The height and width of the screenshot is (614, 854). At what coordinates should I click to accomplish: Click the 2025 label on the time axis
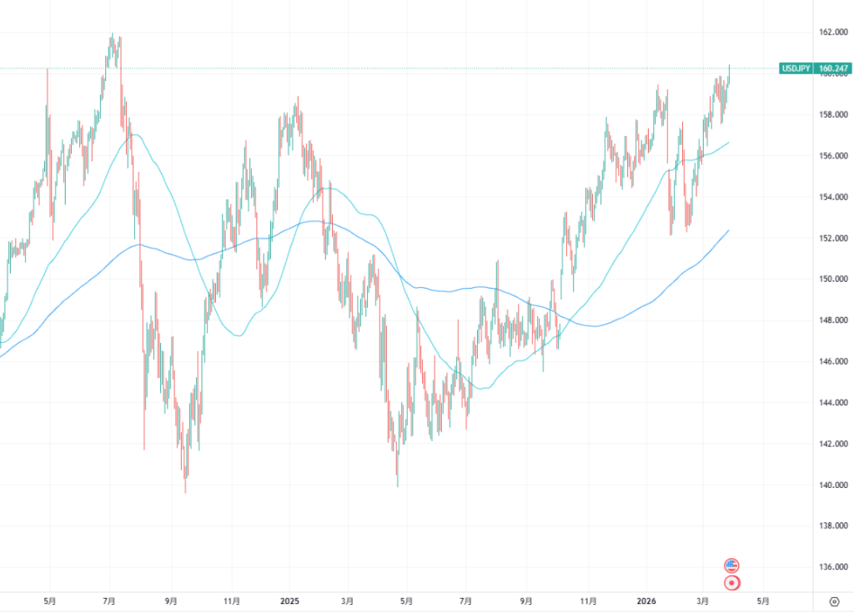(289, 600)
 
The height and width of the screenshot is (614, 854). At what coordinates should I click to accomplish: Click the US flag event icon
(731, 565)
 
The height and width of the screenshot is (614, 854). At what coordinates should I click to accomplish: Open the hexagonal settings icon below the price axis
(834, 600)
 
